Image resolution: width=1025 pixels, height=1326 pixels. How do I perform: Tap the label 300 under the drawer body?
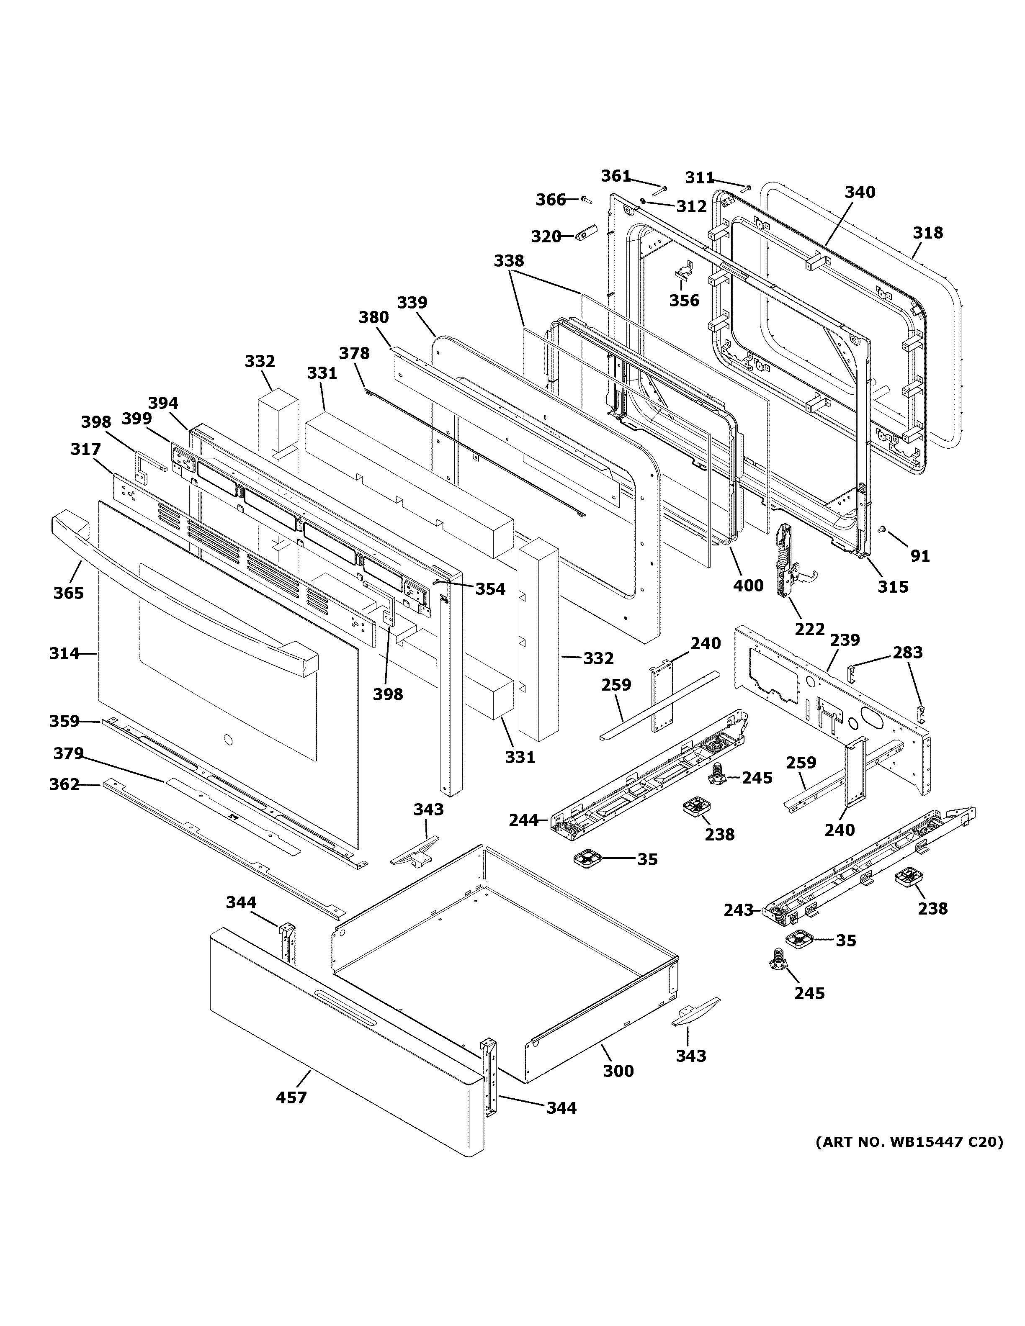point(618,1071)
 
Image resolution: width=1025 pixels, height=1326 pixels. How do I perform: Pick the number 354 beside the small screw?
point(490,589)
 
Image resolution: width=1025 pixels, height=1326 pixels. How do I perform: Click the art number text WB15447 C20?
point(909,1142)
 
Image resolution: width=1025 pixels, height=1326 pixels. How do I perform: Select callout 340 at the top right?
point(860,193)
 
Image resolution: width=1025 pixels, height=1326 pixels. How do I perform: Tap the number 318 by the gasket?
point(928,233)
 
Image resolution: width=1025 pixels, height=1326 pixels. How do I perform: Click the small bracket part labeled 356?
point(684,271)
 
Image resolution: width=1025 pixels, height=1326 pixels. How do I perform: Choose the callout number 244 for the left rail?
point(523,820)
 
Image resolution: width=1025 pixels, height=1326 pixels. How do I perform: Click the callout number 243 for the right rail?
point(738,927)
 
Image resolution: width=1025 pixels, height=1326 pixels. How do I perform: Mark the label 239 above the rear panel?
point(845,640)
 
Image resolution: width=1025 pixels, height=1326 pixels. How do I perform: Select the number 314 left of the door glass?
point(64,653)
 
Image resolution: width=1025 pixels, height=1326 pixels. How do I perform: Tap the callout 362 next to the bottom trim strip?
point(64,784)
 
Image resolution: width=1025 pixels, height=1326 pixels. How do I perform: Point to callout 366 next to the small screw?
point(551,200)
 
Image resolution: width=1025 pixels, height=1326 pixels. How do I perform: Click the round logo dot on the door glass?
point(228,740)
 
